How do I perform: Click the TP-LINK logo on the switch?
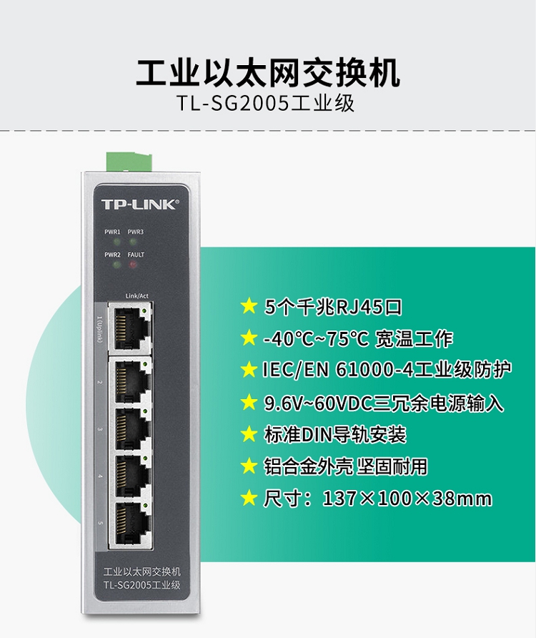tap(140, 204)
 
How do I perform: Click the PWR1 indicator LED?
tap(117, 242)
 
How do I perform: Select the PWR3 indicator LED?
tap(133, 242)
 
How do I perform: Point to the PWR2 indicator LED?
tap(117, 265)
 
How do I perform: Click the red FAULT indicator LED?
tap(133, 265)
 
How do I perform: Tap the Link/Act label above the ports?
tap(137, 296)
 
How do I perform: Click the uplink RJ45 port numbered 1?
tap(131, 326)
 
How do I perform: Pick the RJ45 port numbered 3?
tap(131, 428)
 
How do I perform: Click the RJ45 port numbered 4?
tap(131, 475)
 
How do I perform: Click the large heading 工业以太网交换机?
tap(268, 73)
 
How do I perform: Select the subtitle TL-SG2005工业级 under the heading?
tap(266, 104)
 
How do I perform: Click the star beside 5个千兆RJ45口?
tap(249, 306)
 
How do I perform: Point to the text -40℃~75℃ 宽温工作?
tap(358, 338)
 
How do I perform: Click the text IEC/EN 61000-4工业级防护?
tap(387, 370)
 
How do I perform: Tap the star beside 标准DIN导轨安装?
tap(249, 434)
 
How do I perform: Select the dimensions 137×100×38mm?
tap(407, 499)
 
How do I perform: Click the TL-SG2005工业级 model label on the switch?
tap(142, 585)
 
